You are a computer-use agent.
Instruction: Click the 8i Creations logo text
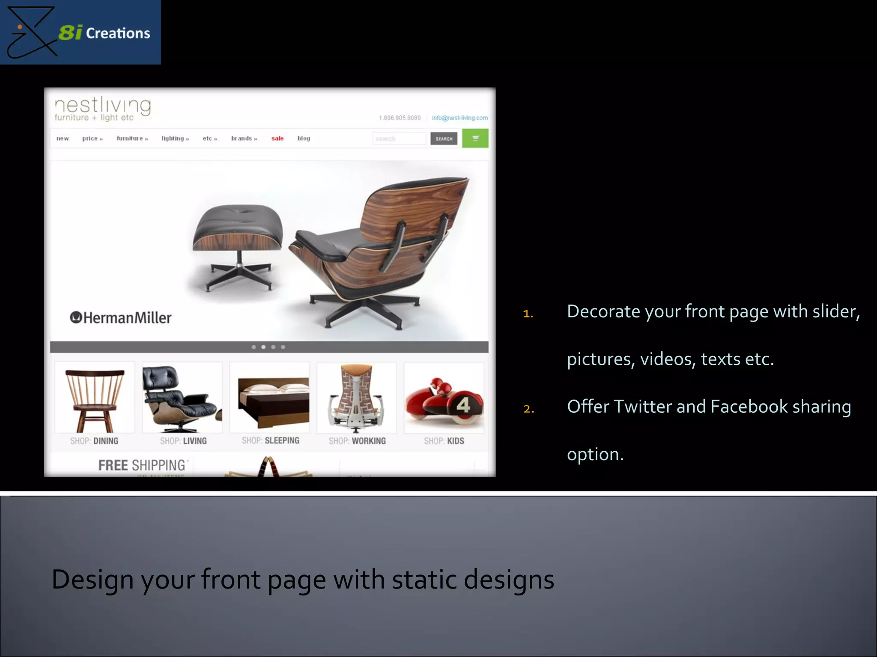(104, 33)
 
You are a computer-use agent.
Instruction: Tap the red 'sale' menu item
(277, 138)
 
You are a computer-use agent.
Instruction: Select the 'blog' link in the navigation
(304, 138)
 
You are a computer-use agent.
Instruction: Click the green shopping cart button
(475, 138)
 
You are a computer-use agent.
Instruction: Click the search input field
(399, 139)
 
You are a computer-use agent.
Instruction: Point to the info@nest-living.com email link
(459, 118)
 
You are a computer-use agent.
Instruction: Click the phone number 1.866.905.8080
(400, 118)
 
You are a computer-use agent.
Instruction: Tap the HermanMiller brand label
(121, 318)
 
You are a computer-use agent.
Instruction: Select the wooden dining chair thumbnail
(95, 398)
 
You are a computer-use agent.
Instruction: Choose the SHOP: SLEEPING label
(270, 441)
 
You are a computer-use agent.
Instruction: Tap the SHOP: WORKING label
(357, 441)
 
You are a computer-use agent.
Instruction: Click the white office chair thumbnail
(357, 398)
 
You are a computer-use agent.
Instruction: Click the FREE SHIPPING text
(142, 465)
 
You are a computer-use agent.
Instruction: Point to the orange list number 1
(528, 314)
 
